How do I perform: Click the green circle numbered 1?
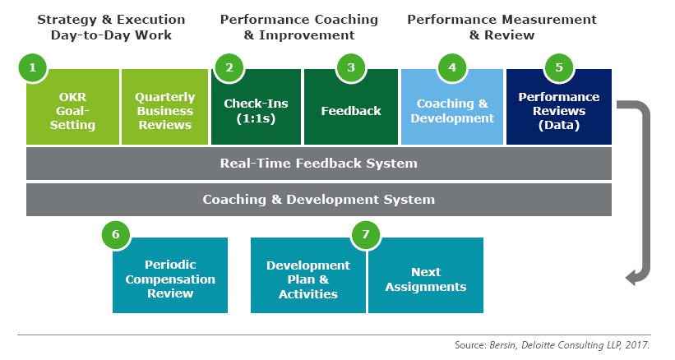(x=33, y=67)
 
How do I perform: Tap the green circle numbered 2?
(x=229, y=67)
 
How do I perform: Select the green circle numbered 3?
(x=351, y=67)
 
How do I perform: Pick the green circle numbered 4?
(x=452, y=67)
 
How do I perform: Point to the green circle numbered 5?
(x=559, y=67)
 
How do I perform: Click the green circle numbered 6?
(x=116, y=234)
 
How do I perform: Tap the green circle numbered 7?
(x=366, y=234)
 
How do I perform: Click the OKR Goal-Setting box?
(x=72, y=107)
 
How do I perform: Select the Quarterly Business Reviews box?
(x=165, y=107)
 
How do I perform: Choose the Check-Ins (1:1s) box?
(x=257, y=107)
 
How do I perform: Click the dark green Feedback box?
(x=351, y=107)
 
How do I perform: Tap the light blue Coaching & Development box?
(x=452, y=107)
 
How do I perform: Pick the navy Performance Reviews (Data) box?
(x=559, y=107)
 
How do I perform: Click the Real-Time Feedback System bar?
(x=319, y=164)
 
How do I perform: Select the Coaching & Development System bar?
(x=319, y=200)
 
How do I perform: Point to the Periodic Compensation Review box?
(x=170, y=275)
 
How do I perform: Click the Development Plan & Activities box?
(x=308, y=275)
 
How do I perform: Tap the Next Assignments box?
(x=426, y=275)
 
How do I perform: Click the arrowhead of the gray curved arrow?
(x=631, y=277)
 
